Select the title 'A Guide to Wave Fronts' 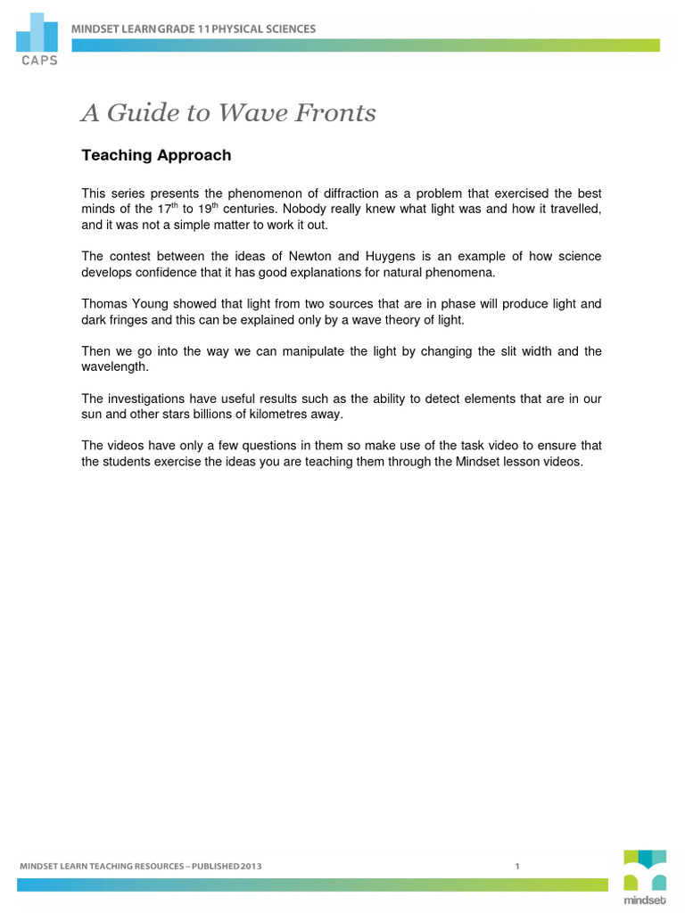(228, 113)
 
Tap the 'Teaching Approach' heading (156, 156)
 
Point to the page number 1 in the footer (517, 866)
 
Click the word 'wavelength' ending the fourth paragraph (117, 366)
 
